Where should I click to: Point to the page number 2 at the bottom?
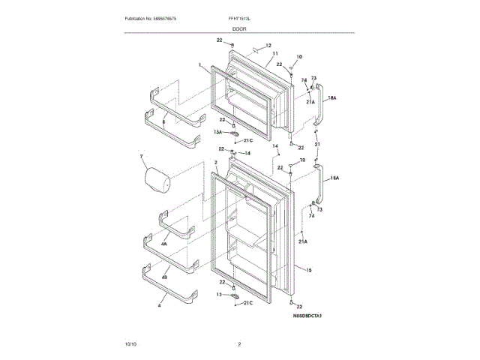[x=239, y=344]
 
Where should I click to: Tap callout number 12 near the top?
[x=267, y=46]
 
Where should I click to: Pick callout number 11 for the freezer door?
[x=275, y=54]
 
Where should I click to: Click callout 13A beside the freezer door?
[x=218, y=131]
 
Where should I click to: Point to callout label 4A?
[x=163, y=244]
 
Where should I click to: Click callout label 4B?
[x=163, y=277]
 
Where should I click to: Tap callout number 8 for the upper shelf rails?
[x=163, y=112]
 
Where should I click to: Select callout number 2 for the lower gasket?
[x=214, y=162]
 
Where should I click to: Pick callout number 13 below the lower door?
[x=220, y=295]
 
